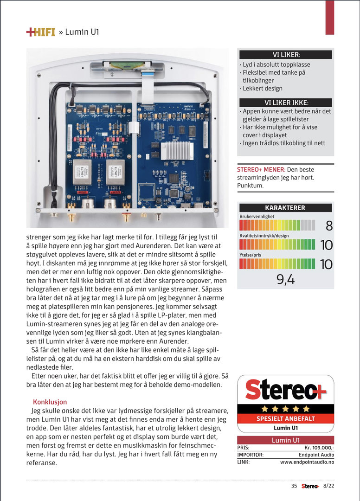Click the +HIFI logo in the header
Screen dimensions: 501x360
coord(40,32)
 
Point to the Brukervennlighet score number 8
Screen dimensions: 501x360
coord(329,226)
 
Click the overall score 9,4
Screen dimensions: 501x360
coord(285,279)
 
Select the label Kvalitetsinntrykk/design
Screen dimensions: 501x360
coord(264,236)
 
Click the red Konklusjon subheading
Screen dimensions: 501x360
coord(50,401)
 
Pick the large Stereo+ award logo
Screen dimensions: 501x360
coord(285,390)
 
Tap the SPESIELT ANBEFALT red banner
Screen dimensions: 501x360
coord(285,418)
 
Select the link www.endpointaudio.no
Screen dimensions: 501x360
coord(307,462)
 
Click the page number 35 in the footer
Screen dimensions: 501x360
coord(294,486)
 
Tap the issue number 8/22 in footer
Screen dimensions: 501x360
coord(328,486)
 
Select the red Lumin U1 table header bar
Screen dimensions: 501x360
coord(285,440)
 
